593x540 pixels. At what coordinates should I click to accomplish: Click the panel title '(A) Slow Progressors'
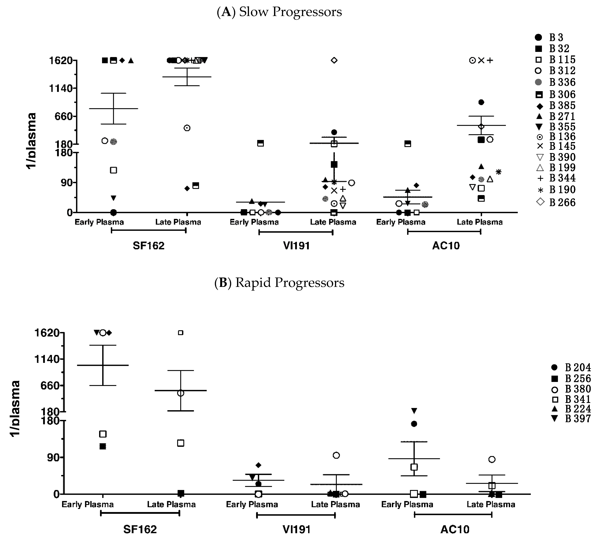pos(279,12)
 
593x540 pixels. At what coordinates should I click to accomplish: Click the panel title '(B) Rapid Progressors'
pos(279,283)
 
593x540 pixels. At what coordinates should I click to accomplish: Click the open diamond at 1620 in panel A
pos(334,60)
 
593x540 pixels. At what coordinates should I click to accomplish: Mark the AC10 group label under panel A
pos(446,246)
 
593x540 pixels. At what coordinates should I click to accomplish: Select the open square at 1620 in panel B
pos(181,333)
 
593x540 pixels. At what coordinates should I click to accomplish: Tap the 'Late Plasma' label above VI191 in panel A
pos(333,222)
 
